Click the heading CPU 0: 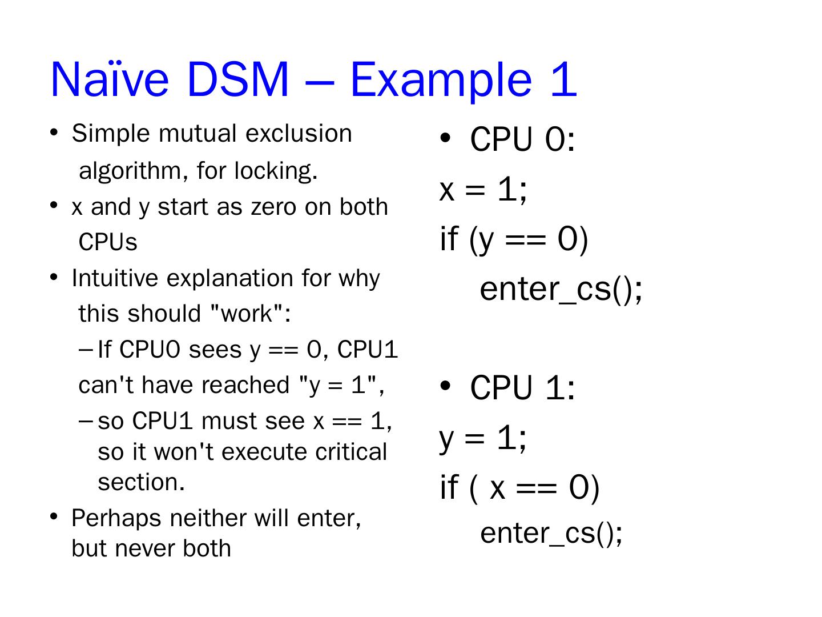coord(522,139)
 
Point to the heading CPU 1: coord(522,388)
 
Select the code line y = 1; coord(483,439)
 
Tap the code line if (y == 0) coord(514,239)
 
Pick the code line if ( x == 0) coord(519,488)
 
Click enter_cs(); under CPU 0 coord(561,289)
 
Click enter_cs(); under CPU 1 coord(551,533)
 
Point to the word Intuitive coord(116,278)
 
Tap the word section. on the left coord(142,482)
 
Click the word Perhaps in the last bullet coord(116,518)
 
